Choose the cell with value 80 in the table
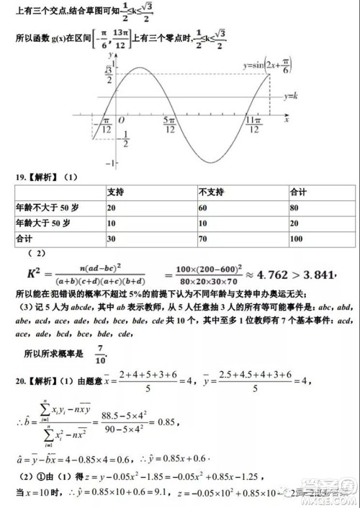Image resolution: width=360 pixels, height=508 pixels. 294,208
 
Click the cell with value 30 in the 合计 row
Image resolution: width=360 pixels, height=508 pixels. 112,239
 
